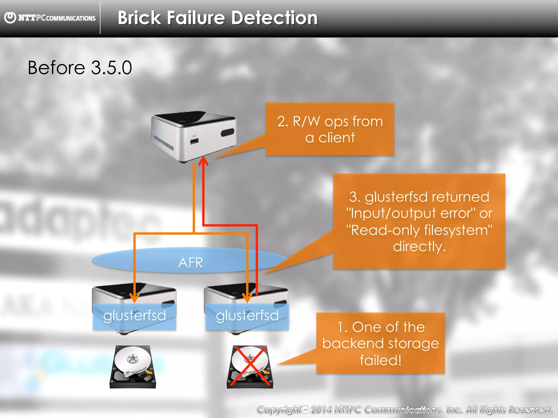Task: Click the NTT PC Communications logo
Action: pos(50,18)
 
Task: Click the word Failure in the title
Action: pos(196,18)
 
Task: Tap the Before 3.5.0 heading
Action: pos(80,67)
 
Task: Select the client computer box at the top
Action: pos(193,136)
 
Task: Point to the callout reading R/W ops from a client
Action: pos(330,129)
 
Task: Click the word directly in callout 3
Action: pos(419,247)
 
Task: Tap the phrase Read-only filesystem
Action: pos(419,230)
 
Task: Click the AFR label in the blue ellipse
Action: pos(190,263)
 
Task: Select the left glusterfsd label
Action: pos(134,316)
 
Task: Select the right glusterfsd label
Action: pos(247,316)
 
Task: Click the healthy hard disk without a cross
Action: pos(133,367)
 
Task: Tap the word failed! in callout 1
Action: pos(381,360)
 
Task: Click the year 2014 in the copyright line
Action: pos(322,410)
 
